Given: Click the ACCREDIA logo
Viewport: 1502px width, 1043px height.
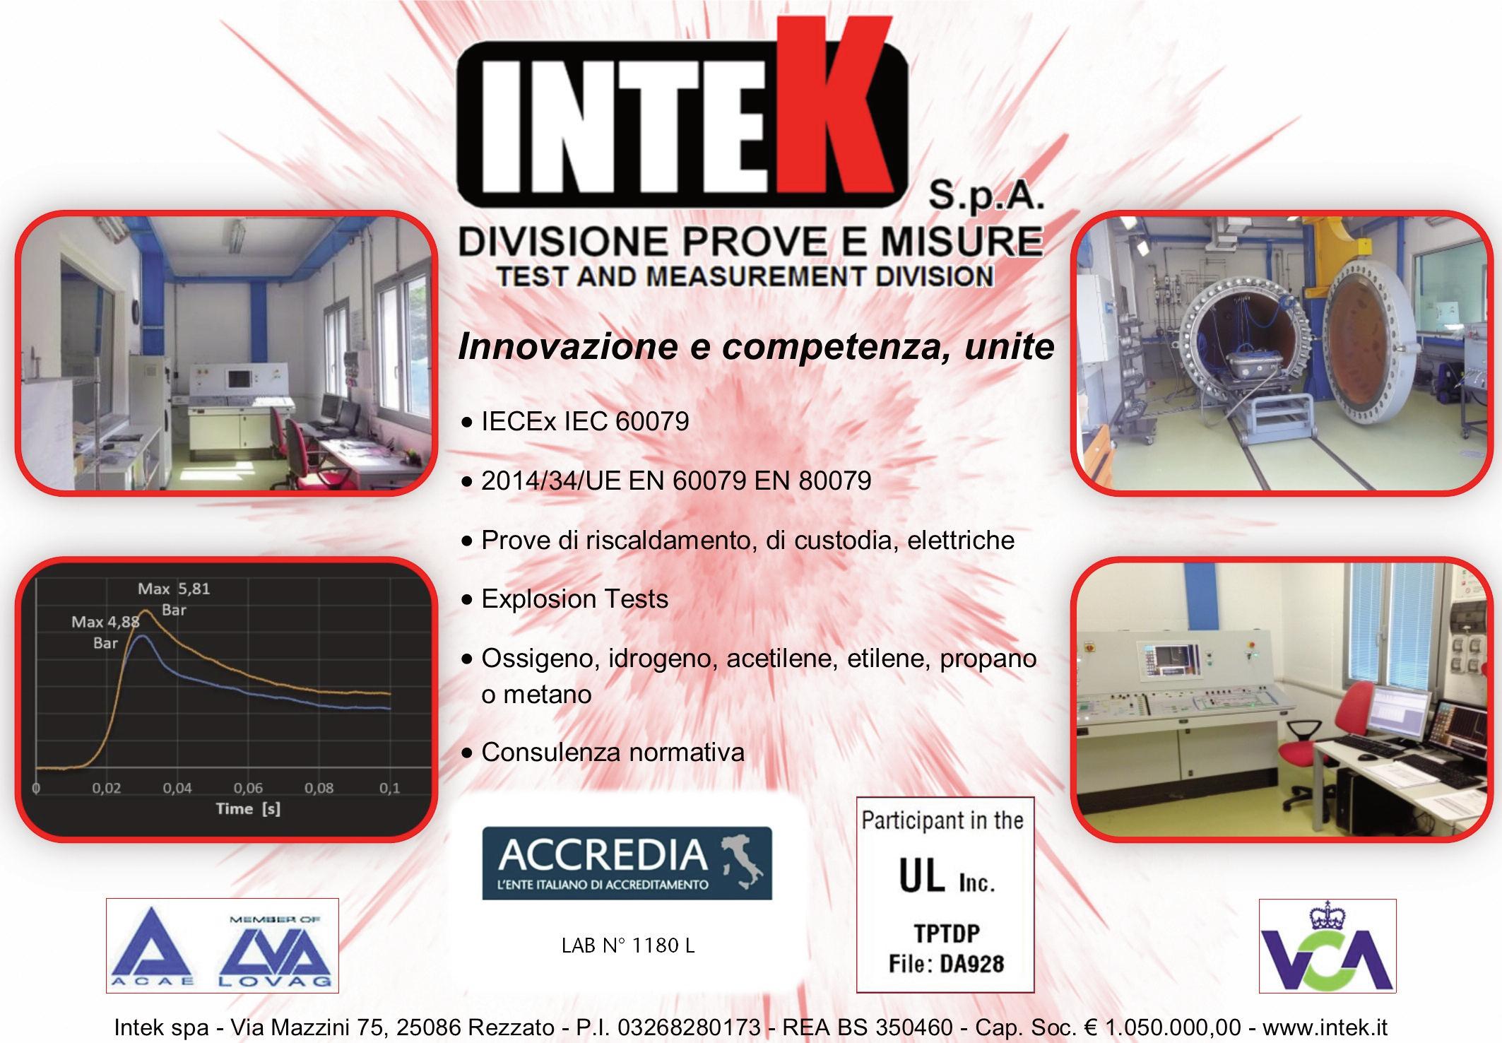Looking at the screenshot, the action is (627, 863).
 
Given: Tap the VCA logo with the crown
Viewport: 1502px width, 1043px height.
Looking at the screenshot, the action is (1327, 946).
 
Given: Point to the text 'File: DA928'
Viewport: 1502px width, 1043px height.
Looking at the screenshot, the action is (946, 964).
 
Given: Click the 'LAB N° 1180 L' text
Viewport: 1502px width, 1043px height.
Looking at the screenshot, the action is (628, 945).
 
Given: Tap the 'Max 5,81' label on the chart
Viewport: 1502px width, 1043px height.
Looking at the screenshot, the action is (174, 589).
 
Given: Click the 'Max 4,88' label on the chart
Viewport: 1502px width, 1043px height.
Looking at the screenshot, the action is (105, 623).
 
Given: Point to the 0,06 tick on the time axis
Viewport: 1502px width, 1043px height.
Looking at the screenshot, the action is (248, 788).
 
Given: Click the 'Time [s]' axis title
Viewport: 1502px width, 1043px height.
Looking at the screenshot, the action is (248, 809).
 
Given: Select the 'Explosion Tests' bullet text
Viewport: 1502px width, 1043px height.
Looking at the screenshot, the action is (574, 599).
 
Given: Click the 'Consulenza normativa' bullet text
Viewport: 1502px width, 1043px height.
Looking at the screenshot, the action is (613, 753).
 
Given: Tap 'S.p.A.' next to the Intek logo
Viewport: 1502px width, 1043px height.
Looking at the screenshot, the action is (986, 195).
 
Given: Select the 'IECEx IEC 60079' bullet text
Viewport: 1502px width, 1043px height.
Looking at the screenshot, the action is (585, 422).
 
